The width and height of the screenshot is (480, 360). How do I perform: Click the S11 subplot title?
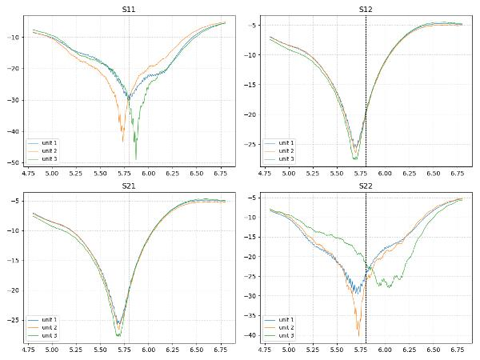pos(129,9)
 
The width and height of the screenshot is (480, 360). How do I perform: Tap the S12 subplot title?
pos(366,9)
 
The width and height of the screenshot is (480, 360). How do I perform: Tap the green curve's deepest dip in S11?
pos(136,158)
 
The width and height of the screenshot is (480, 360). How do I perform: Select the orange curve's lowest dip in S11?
pos(122,142)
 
